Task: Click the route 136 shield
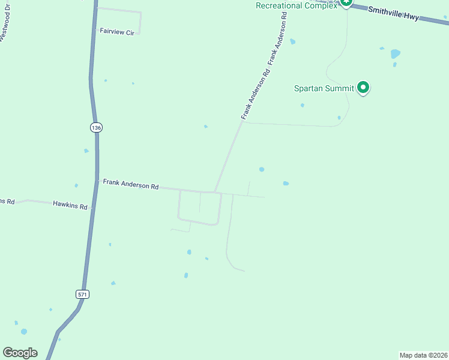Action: coord(97,127)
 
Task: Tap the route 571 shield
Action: coord(82,294)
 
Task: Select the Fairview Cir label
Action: coord(117,32)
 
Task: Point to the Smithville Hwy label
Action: coord(393,13)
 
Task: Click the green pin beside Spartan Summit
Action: coord(363,88)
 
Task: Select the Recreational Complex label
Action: coord(297,6)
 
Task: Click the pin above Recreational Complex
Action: coord(346,2)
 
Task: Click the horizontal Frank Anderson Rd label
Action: coord(130,184)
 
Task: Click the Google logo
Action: coord(20,353)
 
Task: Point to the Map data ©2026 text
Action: coord(424,355)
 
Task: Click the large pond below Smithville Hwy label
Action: coord(395,53)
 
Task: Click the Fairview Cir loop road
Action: coord(140,21)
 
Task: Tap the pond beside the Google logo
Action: coord(23,331)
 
